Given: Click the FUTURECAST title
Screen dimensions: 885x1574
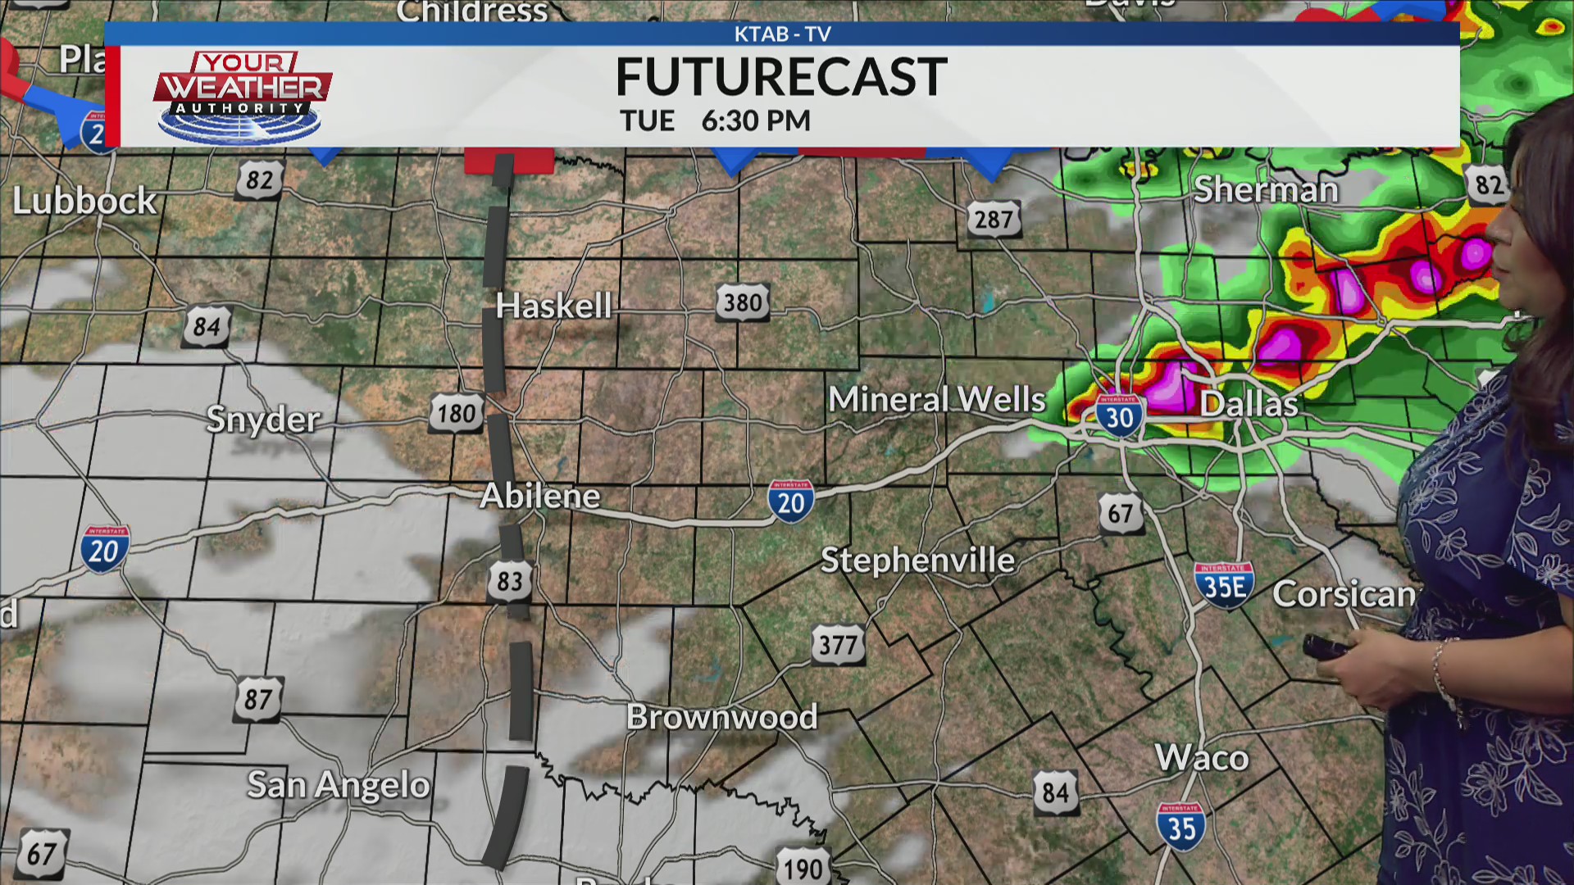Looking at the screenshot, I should point(781,77).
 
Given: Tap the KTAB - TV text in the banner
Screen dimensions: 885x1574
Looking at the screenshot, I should point(782,34).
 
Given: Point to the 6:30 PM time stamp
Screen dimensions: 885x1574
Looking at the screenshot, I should point(756,121).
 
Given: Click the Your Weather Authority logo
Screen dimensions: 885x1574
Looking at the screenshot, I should point(242,97).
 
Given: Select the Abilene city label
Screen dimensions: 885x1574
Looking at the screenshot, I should point(540,496).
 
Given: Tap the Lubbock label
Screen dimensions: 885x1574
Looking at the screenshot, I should point(84,202).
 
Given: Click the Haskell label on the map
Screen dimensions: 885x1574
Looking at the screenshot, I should point(553,306).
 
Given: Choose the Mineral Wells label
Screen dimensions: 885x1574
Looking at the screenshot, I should point(937,400).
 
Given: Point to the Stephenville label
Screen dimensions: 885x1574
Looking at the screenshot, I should point(917,560).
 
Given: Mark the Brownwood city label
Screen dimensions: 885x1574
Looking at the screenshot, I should point(721,717).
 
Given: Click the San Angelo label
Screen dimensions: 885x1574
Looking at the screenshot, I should point(339,785).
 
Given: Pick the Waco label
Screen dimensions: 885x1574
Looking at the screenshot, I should point(1202,758).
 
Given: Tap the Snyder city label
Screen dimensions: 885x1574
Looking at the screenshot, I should point(262,420).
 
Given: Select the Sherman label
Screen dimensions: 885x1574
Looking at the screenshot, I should point(1266,190).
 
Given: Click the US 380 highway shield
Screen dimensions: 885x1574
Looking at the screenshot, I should point(743,303).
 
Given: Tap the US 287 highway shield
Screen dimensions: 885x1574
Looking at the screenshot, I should point(994,219).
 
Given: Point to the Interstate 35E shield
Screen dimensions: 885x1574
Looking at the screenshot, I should point(1224,586).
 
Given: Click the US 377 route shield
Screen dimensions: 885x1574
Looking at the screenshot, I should point(838,645).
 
